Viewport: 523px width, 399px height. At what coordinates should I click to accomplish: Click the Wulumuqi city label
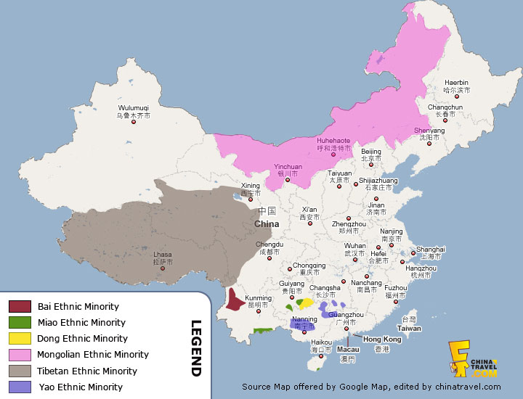point(133,111)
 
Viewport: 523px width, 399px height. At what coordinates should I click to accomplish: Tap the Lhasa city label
point(163,258)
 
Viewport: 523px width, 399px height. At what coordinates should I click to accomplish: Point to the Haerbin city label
point(457,86)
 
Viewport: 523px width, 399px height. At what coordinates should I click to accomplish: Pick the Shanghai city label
point(431,252)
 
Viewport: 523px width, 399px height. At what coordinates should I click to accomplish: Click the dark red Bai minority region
point(233,300)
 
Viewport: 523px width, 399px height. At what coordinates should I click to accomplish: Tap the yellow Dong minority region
point(307,303)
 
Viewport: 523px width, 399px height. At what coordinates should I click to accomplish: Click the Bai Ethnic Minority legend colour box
point(20,307)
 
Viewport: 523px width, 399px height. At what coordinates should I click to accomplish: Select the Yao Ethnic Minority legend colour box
point(20,387)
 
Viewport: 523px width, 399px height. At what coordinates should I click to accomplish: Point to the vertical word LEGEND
point(195,348)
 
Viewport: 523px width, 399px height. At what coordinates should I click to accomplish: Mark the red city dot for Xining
point(251,199)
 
